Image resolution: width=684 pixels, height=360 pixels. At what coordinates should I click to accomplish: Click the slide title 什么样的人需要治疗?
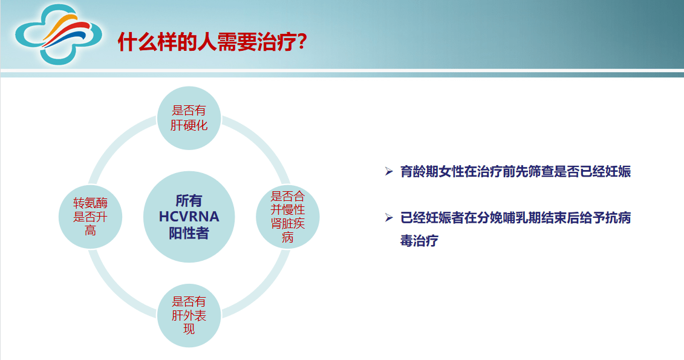pos(212,42)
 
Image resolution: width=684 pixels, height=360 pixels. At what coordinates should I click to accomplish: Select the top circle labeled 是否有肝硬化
pos(189,118)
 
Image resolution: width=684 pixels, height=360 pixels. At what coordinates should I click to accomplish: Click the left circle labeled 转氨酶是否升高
pos(90,217)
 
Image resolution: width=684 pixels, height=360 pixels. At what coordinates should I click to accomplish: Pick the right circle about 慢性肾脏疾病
pos(288,217)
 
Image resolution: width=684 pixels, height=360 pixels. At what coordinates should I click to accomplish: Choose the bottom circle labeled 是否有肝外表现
pos(189,315)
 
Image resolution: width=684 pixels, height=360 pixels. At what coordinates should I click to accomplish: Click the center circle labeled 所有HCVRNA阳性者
pos(189,217)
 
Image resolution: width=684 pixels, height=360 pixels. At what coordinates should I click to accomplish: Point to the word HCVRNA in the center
pos(189,217)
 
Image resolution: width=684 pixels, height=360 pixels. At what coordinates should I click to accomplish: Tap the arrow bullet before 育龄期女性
pos(389,172)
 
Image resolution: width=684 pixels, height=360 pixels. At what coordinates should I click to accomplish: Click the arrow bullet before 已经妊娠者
pos(389,218)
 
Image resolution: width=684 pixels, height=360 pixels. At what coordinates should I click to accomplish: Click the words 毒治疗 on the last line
pos(419,241)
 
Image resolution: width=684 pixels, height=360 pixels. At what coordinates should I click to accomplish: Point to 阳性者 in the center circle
pos(189,233)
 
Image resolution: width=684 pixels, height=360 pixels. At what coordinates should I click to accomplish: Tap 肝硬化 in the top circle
pos(189,125)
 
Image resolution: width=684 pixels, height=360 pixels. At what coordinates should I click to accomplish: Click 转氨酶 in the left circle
pos(90,203)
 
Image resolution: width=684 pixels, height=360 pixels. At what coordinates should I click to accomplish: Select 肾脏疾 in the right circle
pos(288,223)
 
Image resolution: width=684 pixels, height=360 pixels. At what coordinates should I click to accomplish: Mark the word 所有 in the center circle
pos(189,200)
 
